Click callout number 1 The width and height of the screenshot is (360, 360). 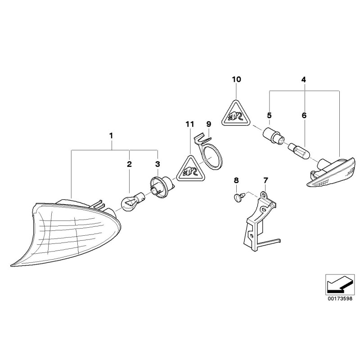[x=112, y=135]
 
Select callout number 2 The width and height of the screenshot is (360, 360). [x=129, y=165]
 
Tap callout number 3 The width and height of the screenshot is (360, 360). [x=157, y=165]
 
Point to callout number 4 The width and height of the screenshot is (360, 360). [x=303, y=80]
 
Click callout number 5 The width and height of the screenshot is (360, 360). [x=269, y=116]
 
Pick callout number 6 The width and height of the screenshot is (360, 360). [x=304, y=116]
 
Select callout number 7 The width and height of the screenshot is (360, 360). [x=265, y=180]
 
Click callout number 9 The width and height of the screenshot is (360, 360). [x=208, y=124]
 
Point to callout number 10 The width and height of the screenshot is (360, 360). [x=237, y=80]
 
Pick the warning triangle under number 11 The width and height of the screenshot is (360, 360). [x=189, y=169]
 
